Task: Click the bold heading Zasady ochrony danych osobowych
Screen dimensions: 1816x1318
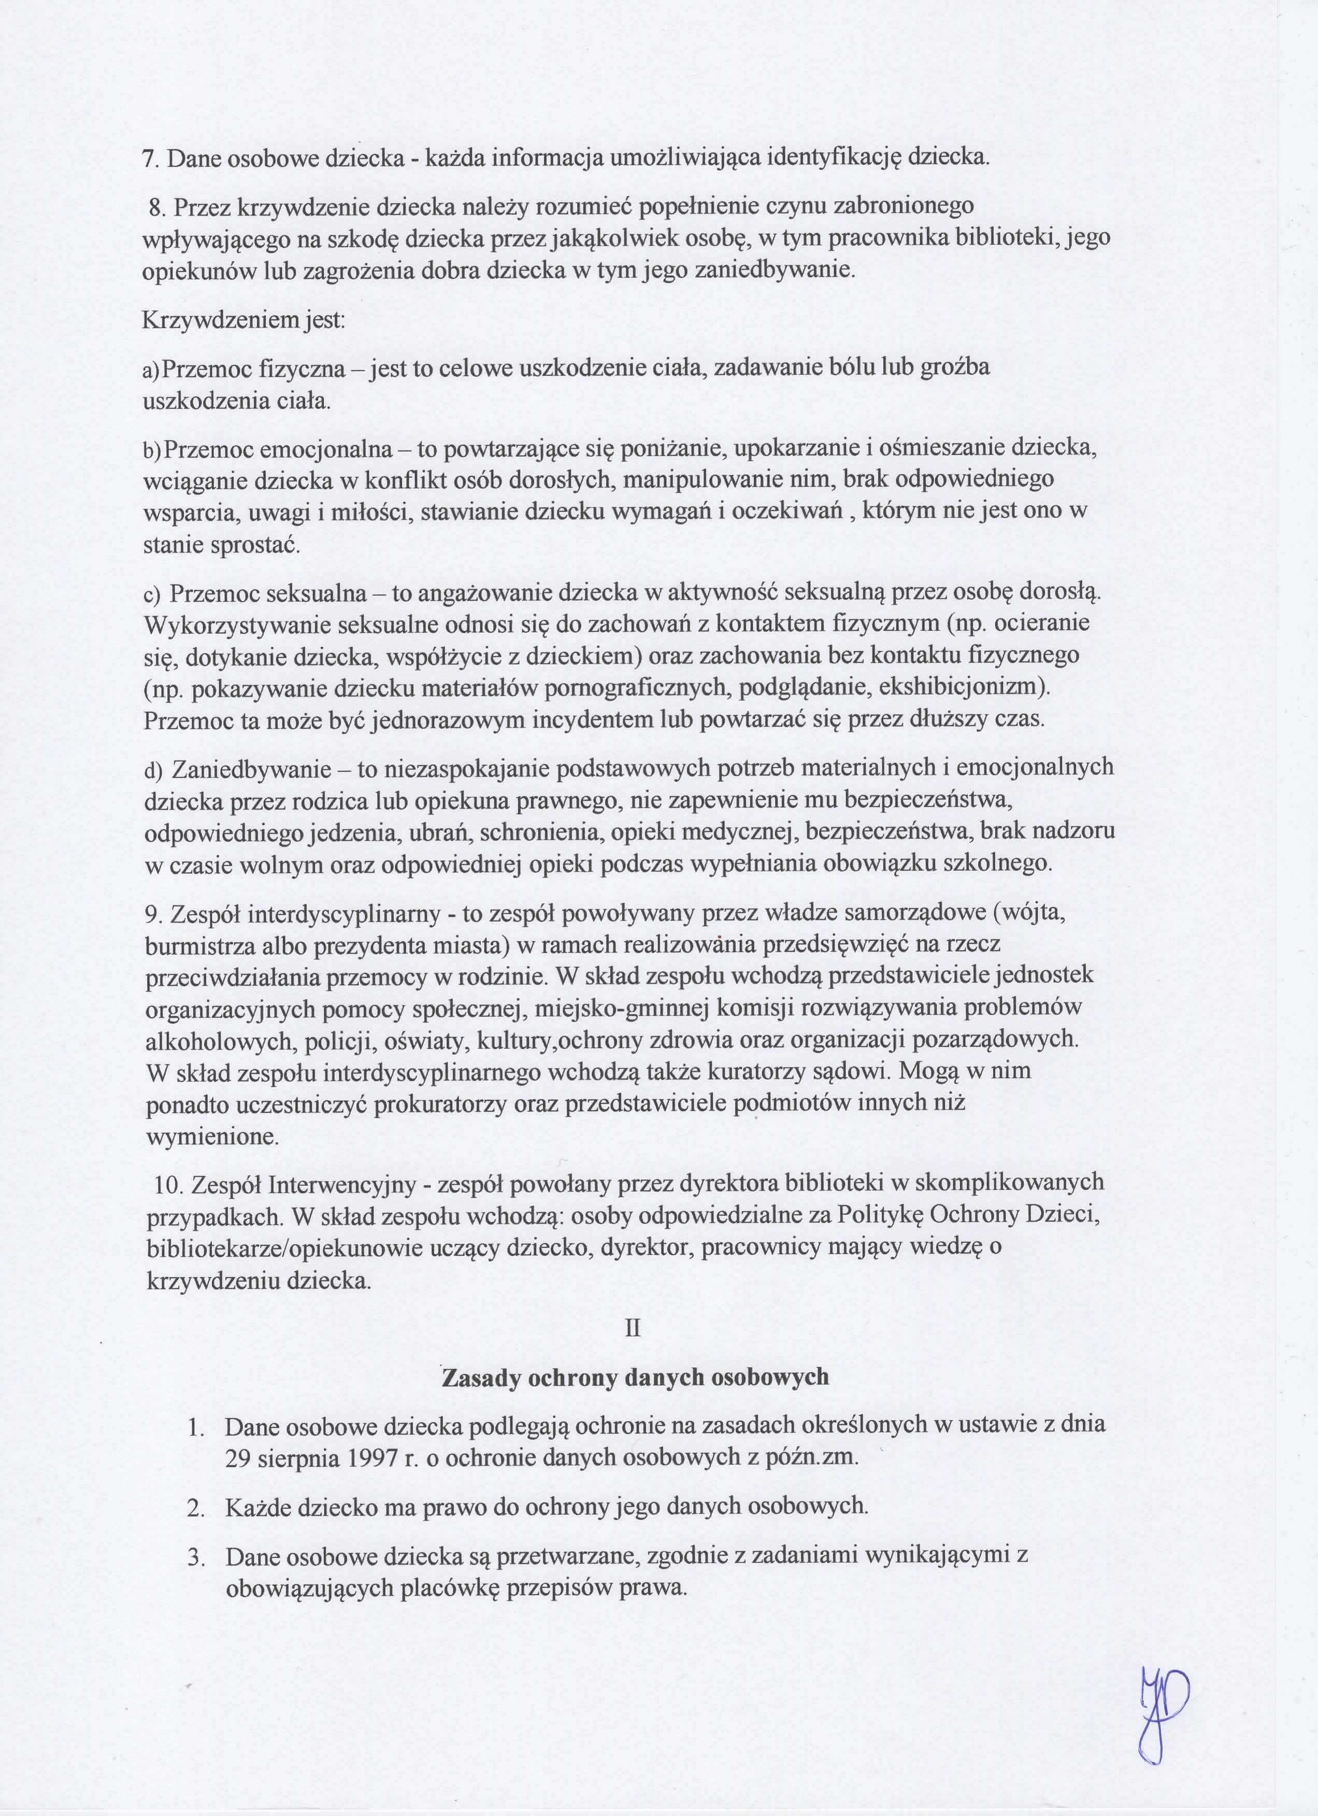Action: [x=635, y=1377]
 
